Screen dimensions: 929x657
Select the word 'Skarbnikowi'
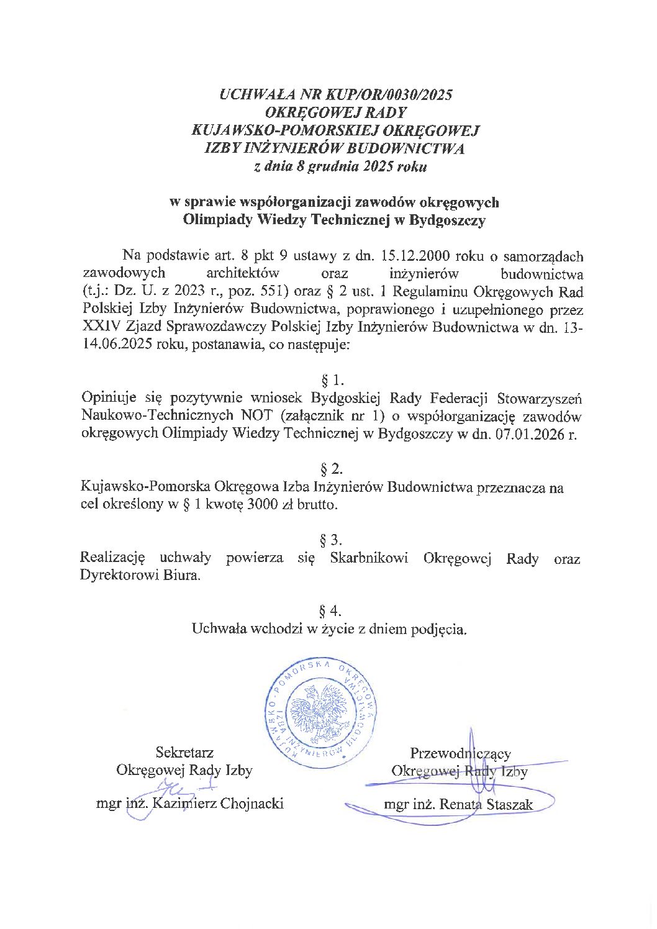point(369,558)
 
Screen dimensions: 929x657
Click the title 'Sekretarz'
point(184,753)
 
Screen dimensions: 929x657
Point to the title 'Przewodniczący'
point(460,753)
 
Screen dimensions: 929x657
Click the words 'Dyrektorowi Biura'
point(140,575)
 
